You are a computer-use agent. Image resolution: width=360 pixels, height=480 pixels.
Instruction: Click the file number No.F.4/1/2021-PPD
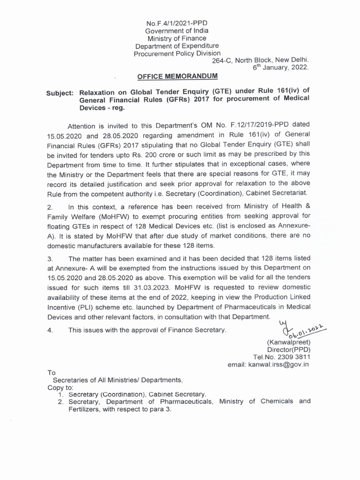pos(177,22)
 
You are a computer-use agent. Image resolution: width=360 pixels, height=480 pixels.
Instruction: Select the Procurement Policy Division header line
pos(177,53)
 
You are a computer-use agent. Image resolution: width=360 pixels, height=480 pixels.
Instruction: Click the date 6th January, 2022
pos(281,67)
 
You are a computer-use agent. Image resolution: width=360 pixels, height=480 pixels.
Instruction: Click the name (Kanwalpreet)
pos(288,342)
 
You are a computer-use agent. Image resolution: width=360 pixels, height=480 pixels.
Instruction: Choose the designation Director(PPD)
pos(288,349)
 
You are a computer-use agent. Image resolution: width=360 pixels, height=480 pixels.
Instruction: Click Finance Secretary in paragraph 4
pos(199,330)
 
